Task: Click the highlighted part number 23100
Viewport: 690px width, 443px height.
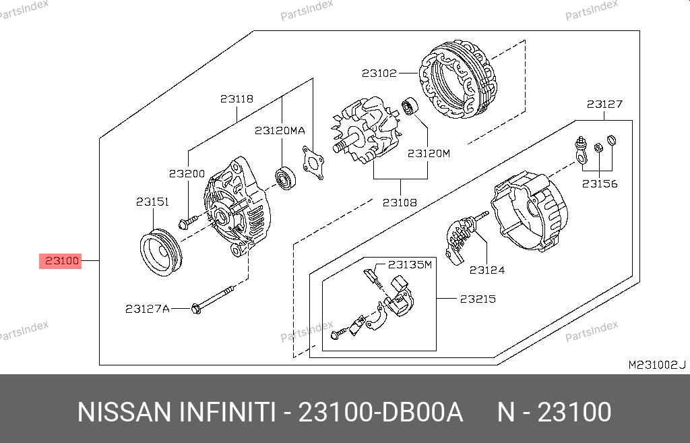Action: pos(61,261)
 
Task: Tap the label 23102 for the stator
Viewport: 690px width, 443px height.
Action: pos(379,73)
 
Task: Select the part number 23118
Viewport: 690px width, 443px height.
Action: pos(237,98)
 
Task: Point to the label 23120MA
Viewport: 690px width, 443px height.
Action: pos(280,130)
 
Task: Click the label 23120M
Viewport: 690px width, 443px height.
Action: pos(429,153)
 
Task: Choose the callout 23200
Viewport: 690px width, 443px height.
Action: pos(187,173)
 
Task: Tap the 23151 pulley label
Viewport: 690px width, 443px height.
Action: pos(153,202)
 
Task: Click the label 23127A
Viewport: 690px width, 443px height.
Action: pos(148,309)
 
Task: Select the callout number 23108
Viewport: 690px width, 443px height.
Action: pos(400,202)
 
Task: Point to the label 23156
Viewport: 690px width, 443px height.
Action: pos(600,183)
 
